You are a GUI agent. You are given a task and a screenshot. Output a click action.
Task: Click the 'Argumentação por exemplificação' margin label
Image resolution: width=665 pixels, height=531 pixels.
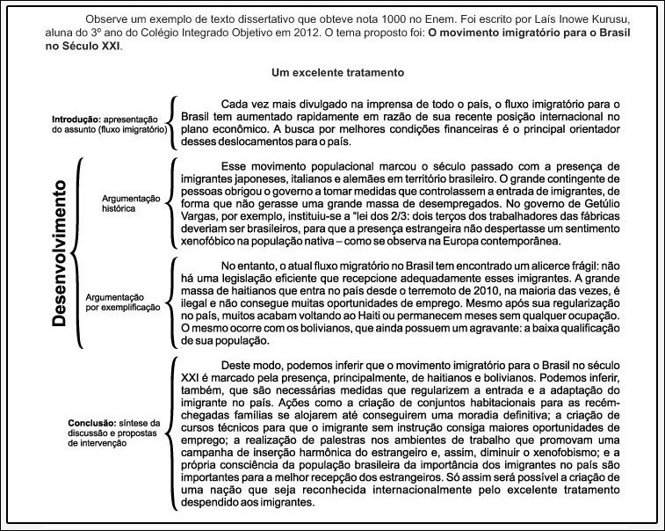click(x=123, y=302)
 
